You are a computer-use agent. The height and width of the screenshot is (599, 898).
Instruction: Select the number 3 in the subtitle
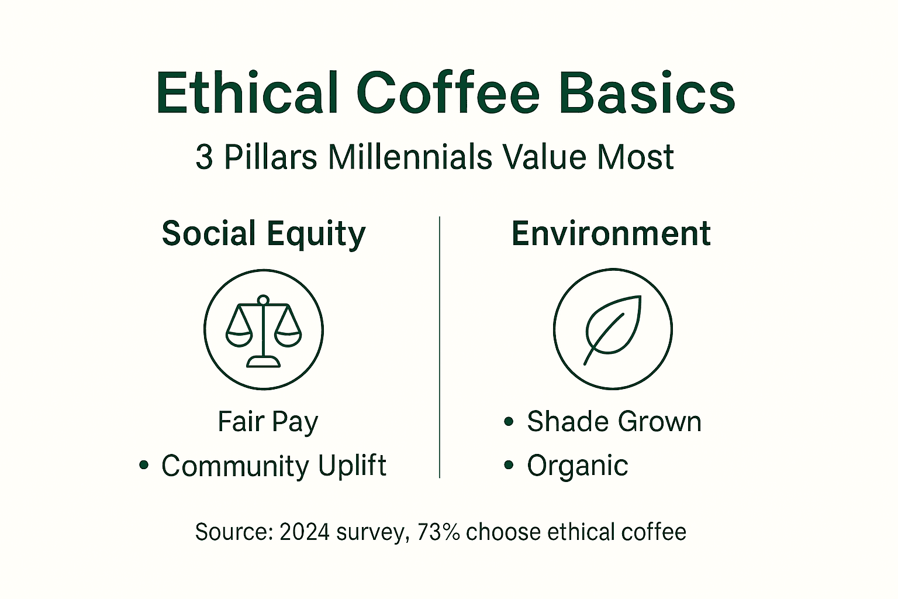coord(204,157)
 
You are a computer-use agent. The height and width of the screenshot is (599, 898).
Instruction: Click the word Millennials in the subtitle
coord(410,157)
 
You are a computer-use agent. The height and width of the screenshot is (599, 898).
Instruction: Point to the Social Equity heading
coord(263,234)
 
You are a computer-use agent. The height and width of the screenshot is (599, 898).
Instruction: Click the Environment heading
coord(611,233)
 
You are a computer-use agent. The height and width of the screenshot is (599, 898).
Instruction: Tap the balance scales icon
coord(264,330)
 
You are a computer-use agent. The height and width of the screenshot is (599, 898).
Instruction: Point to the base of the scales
coord(264,362)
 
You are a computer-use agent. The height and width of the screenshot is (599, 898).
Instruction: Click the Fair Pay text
coord(268,422)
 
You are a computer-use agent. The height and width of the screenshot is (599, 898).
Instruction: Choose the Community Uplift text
coord(274,466)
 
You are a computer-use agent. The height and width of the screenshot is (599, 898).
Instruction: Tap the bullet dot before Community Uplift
coord(143,466)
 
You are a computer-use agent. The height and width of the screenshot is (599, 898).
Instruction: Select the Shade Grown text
coord(614,421)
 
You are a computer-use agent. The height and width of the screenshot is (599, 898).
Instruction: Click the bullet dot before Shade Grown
coord(509,421)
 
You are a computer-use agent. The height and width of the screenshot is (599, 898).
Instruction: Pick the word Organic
coord(577,466)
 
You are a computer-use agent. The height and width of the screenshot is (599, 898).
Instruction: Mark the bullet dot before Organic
coord(509,466)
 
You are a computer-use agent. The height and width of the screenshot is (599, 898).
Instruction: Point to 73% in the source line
coord(438,532)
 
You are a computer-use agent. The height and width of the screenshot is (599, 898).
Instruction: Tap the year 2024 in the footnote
coord(304,532)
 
